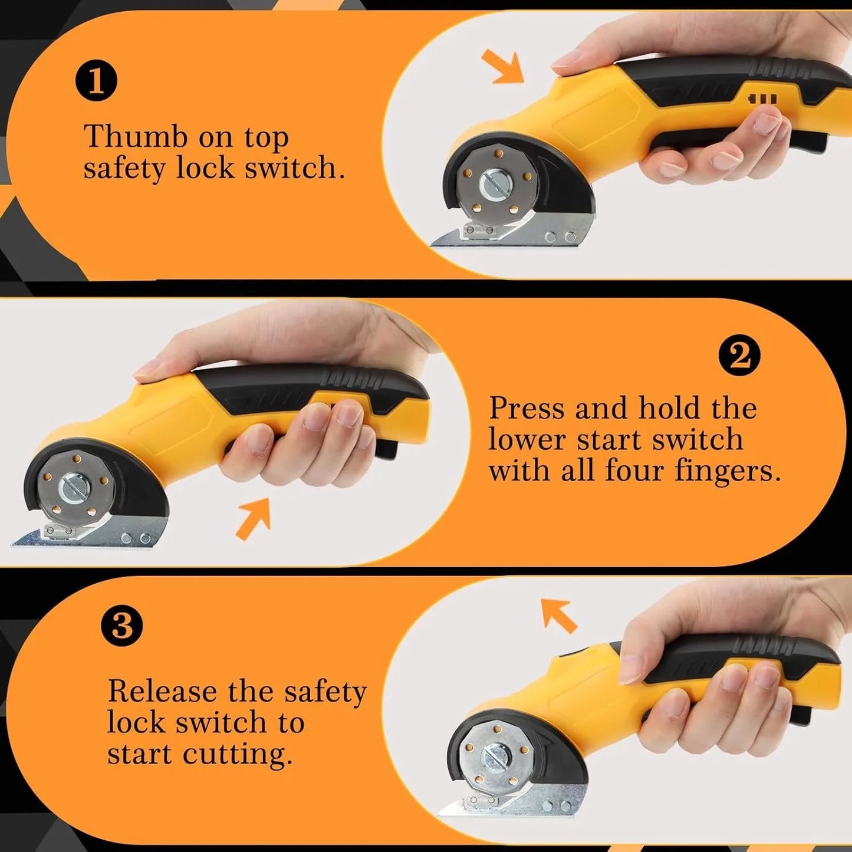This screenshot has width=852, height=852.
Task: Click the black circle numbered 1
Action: (x=96, y=80)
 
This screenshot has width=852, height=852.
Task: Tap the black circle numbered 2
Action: (x=739, y=354)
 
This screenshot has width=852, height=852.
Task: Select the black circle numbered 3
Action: (x=121, y=625)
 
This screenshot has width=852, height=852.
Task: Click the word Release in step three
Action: (x=162, y=691)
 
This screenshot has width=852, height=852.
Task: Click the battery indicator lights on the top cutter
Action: (x=762, y=99)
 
